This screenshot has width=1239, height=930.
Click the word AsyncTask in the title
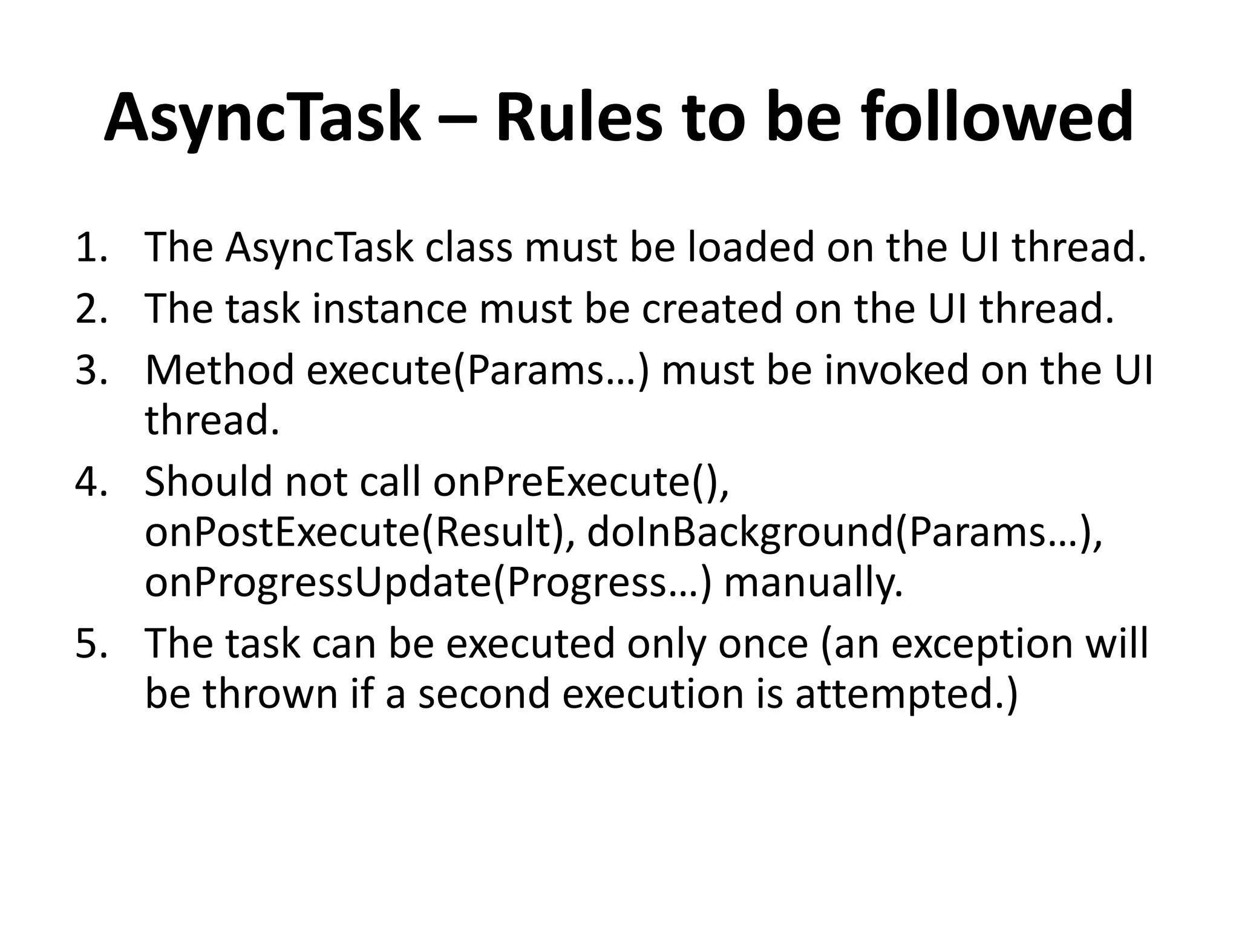(x=261, y=118)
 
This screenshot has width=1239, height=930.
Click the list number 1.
(x=91, y=248)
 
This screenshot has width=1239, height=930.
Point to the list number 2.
(x=91, y=309)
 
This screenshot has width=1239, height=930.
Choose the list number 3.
(x=91, y=370)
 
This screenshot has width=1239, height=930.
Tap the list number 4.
(x=91, y=482)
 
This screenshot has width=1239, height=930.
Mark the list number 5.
(x=91, y=643)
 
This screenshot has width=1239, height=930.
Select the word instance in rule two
(x=390, y=309)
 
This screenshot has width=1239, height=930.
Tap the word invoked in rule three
(x=897, y=370)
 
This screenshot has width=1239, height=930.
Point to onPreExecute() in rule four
(x=581, y=483)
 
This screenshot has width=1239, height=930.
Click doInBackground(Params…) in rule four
(x=843, y=533)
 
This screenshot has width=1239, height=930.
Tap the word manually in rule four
(x=813, y=584)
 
